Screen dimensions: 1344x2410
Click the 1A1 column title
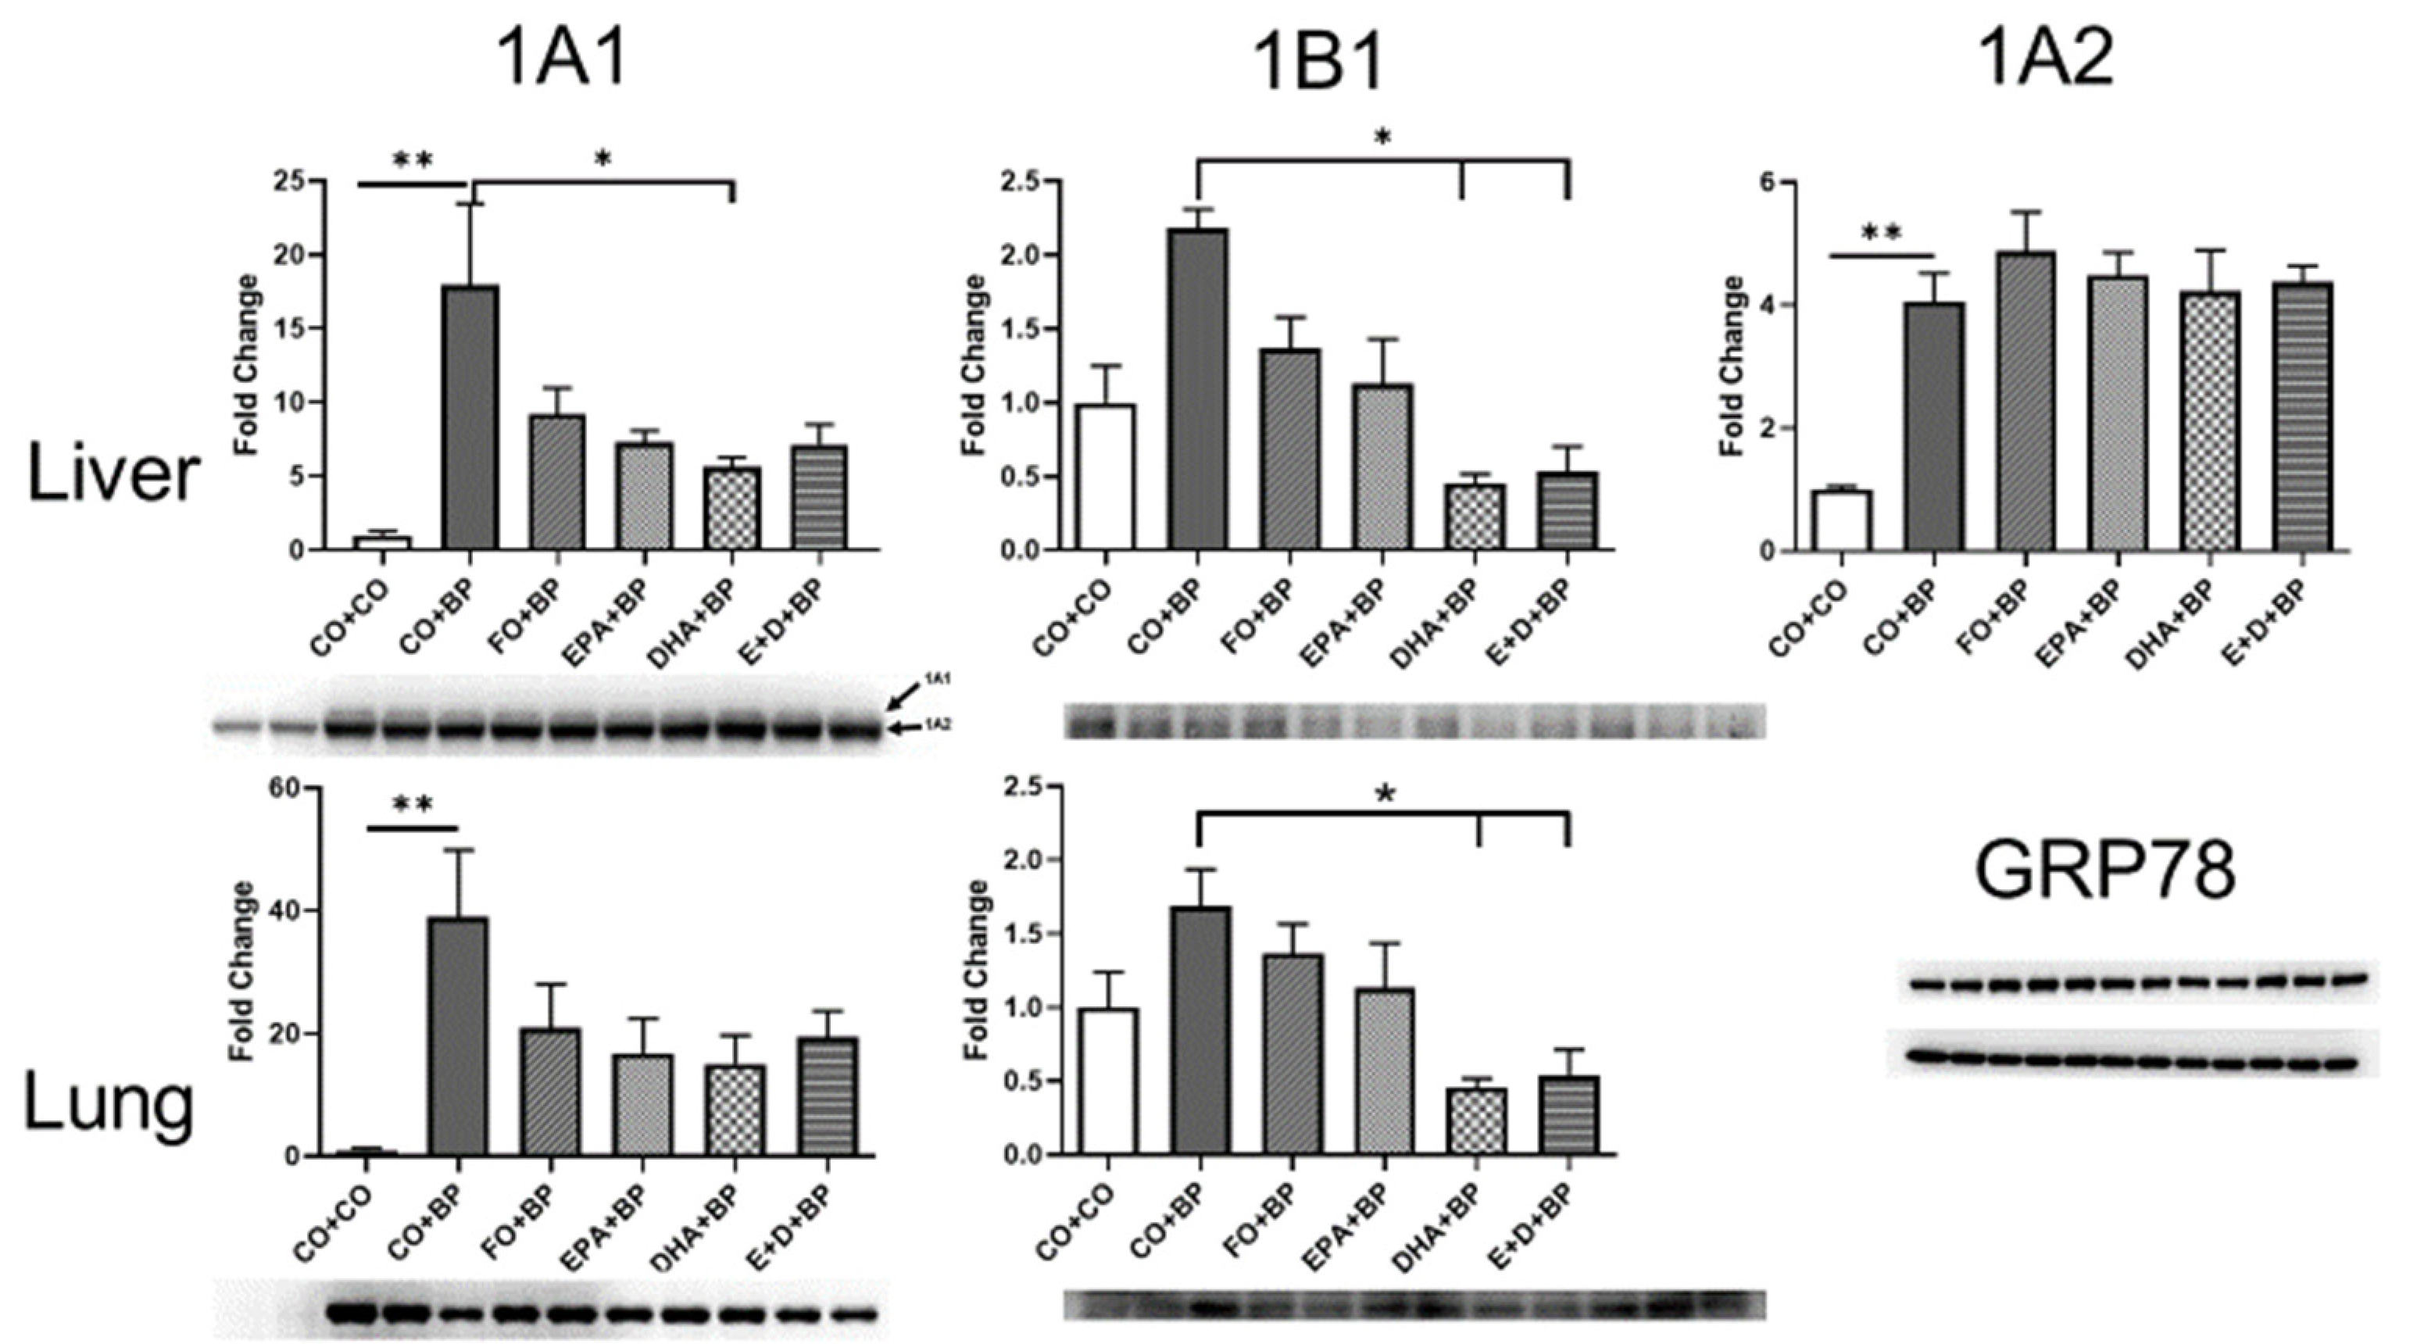[561, 62]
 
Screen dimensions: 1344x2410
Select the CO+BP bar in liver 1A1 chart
[469, 418]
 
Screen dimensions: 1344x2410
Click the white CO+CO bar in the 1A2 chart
[1840, 521]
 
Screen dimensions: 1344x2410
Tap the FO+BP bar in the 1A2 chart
[2025, 402]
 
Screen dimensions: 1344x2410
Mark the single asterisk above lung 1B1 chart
[1385, 796]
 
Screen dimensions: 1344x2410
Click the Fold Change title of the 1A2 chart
[1732, 365]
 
